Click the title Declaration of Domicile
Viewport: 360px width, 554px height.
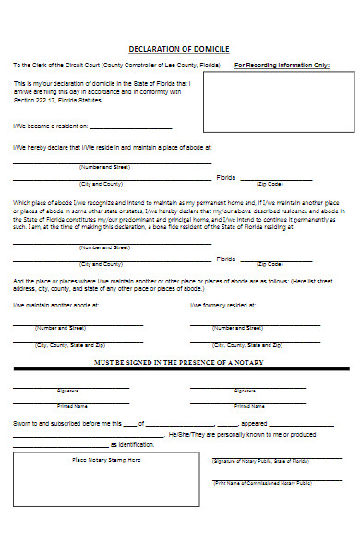click(179, 48)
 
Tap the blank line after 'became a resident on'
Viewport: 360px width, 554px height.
click(131, 127)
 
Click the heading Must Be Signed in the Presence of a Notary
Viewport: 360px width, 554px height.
click(179, 362)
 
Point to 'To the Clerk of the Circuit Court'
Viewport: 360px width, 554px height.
click(55, 66)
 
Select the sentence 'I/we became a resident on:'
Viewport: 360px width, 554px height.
click(50, 126)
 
